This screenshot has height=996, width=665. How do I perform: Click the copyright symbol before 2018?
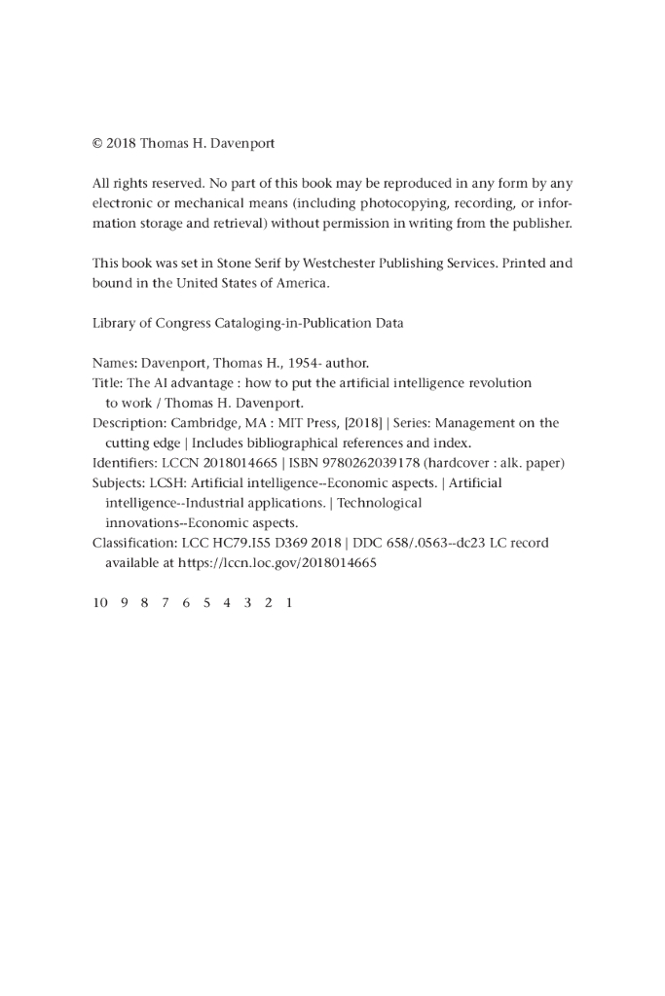pos(97,143)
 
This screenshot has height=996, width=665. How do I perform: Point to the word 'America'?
pos(303,283)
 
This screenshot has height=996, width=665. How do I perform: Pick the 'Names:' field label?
pos(115,364)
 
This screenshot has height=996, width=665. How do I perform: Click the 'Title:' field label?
pos(107,383)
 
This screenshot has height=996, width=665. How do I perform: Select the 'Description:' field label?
pos(129,423)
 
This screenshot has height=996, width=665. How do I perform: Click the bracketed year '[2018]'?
pos(361,423)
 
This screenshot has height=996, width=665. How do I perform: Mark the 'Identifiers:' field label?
pos(127,463)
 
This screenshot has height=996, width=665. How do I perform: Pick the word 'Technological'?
pos(379,503)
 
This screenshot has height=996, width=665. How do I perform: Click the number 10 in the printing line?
pos(100,603)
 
